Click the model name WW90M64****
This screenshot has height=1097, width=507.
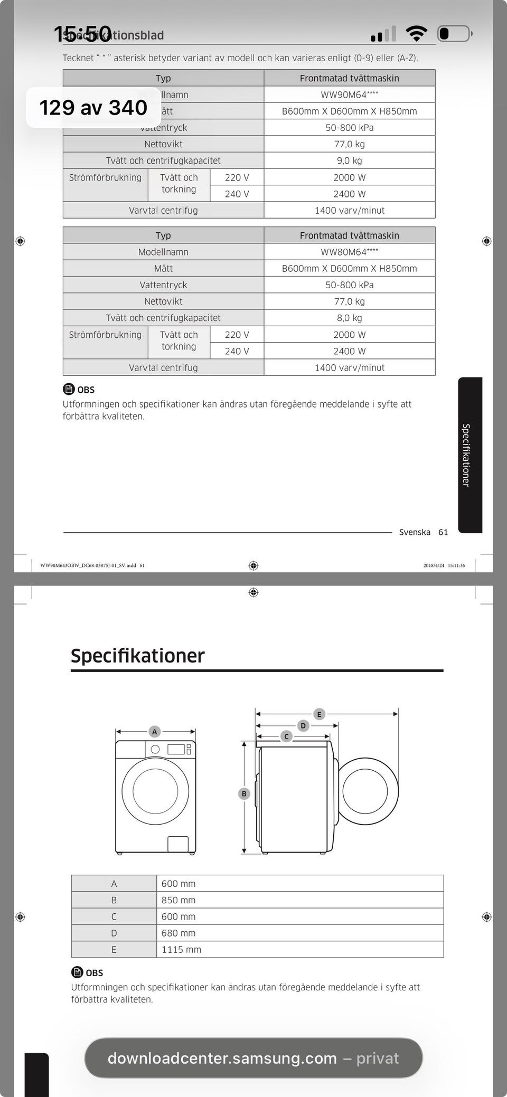[x=349, y=94]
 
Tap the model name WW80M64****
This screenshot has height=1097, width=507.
[x=349, y=252]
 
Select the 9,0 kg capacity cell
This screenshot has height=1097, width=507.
[x=349, y=160]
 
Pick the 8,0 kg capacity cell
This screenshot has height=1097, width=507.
[x=349, y=318]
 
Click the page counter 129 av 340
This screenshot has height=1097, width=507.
[x=93, y=108]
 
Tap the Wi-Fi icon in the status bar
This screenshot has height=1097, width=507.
[x=416, y=34]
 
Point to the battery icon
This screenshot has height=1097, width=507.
[x=454, y=34]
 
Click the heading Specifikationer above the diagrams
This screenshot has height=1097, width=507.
[x=137, y=656]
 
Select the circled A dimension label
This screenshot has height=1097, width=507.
[x=155, y=732]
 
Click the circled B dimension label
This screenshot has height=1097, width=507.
[x=244, y=793]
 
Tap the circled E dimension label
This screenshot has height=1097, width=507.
[x=319, y=714]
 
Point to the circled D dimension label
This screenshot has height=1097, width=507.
[x=303, y=726]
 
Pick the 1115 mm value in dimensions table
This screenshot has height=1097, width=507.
[x=181, y=949]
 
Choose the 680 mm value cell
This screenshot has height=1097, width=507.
[x=179, y=933]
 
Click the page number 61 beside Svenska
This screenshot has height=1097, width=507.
[x=443, y=532]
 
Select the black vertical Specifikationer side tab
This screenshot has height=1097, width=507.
[x=470, y=455]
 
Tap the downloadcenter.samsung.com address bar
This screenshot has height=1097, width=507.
[x=253, y=1058]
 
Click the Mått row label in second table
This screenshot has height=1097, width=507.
[x=163, y=268]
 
